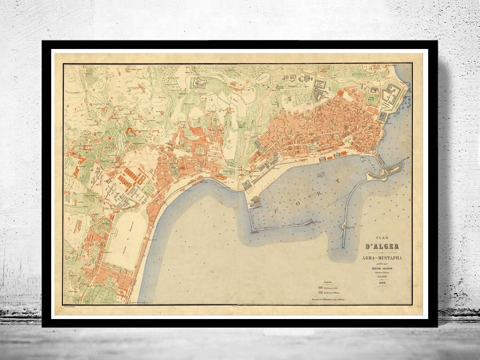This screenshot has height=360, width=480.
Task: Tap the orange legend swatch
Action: click(320, 288)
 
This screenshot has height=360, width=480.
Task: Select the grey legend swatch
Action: click(320, 293)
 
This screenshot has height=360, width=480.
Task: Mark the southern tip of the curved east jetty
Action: click(343, 246)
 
